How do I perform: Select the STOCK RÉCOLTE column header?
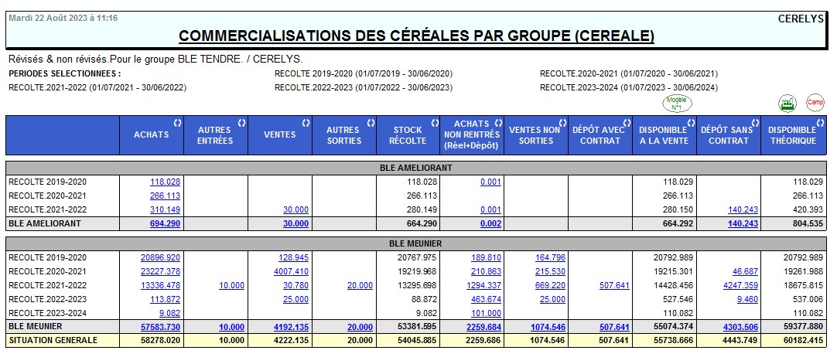[x=408, y=135]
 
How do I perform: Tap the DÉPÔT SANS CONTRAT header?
[x=728, y=135]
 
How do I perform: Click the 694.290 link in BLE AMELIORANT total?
[x=164, y=224]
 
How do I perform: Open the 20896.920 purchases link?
[x=160, y=257]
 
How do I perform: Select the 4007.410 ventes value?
[x=291, y=271]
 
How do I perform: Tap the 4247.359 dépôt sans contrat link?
[x=740, y=285]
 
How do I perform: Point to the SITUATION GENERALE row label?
[x=53, y=340]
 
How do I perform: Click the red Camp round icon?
[x=815, y=103]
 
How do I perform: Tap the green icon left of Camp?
[x=787, y=103]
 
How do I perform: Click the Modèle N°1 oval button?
[x=677, y=103]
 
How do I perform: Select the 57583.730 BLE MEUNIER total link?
[x=160, y=327]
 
